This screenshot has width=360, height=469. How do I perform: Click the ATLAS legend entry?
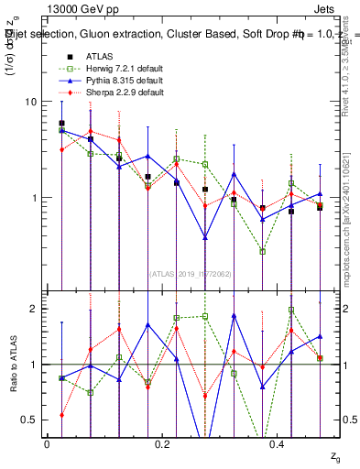(99, 57)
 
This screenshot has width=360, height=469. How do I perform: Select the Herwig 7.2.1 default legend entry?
(125, 69)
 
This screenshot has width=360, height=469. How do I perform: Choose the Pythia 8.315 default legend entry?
(124, 81)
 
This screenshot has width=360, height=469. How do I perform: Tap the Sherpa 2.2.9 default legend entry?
(125, 93)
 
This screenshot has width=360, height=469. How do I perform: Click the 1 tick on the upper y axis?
(36, 198)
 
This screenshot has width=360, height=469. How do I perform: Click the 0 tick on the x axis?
(47, 443)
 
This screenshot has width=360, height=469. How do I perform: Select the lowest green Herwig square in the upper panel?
(262, 251)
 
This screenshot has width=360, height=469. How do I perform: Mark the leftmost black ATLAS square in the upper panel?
(61, 123)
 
